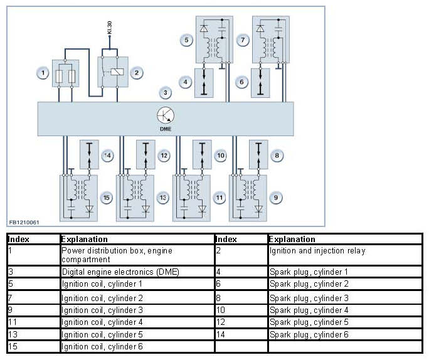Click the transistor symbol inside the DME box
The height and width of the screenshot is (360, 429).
tap(165, 115)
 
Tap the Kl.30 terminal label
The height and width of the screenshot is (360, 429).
tap(110, 28)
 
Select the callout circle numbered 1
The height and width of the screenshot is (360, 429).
tap(43, 73)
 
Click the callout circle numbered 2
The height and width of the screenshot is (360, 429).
tap(137, 73)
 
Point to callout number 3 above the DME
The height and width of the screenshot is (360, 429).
tap(165, 93)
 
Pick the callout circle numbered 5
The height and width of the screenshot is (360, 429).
tap(187, 40)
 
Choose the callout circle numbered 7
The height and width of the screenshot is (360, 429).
tap(243, 40)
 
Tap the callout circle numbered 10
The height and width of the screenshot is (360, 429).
tap(221, 156)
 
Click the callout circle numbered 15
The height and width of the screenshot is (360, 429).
tap(107, 198)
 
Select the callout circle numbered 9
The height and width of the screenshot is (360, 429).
tap(276, 198)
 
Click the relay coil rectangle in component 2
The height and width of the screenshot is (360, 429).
tap(117, 72)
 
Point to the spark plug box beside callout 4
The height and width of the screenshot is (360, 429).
tap(204, 83)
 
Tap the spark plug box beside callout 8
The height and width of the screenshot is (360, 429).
tap(258, 154)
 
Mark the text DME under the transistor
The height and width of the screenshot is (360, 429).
tap(166, 129)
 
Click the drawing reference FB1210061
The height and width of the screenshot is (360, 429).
tap(24, 223)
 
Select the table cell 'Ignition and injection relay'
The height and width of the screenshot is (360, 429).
tap(317, 251)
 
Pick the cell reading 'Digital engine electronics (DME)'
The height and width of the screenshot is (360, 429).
tap(120, 272)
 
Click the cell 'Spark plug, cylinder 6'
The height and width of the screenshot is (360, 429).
tap(309, 334)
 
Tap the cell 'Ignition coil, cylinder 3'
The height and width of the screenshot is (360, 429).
tap(102, 310)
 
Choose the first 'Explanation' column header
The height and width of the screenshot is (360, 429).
tap(84, 240)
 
